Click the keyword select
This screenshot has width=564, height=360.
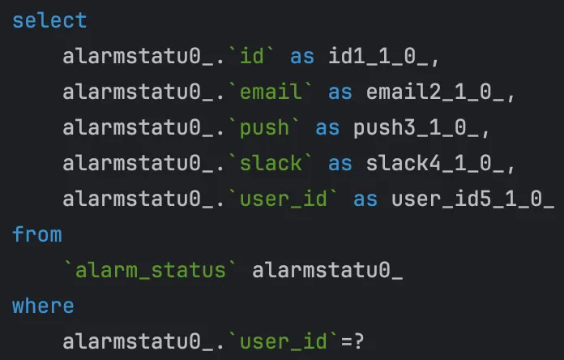coord(49,20)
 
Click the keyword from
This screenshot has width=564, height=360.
coord(37,234)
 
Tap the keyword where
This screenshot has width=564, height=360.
coord(43,306)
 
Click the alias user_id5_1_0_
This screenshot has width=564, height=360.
coord(472,199)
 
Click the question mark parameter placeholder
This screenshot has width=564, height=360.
coord(371,341)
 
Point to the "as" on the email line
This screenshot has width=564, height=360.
coord(340,92)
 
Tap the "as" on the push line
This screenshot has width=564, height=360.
coord(327,127)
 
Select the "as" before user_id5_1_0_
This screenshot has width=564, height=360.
coord(365,199)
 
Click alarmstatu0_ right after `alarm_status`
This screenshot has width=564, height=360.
coord(327,270)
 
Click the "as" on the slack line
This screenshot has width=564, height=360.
coord(340,163)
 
